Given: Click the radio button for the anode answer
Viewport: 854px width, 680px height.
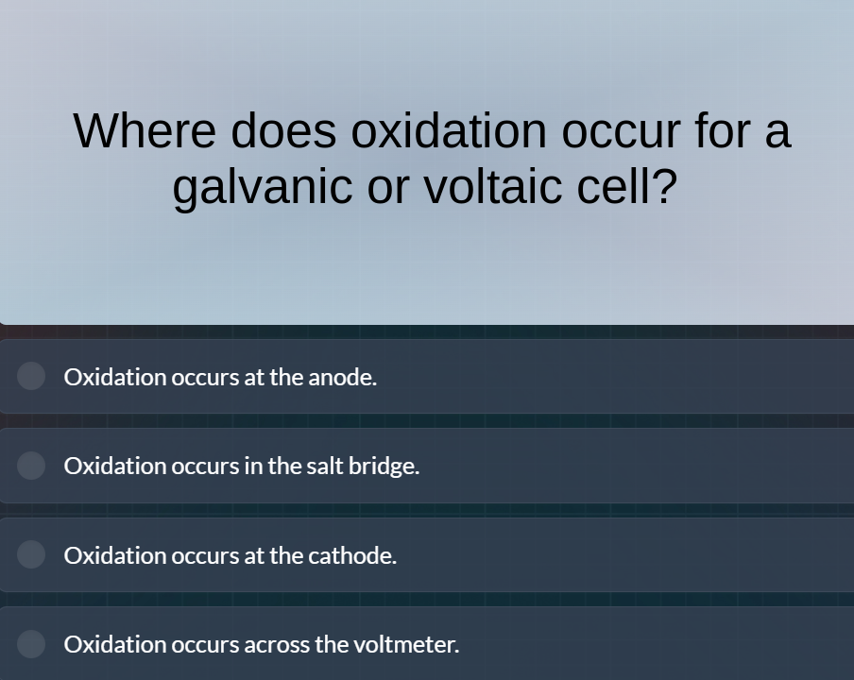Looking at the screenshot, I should point(31,376).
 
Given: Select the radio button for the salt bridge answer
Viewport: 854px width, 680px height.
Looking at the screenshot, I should point(31,466).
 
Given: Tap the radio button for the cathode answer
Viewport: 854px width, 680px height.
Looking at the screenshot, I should point(31,554).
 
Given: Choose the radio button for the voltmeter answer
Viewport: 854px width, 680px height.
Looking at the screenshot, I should point(31,644).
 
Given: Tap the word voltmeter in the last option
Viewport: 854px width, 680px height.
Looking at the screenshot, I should point(405,644).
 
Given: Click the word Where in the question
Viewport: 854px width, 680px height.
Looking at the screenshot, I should point(145,130).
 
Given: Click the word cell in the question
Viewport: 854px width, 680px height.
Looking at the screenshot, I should point(626,185).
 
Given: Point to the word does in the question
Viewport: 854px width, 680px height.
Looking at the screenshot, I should point(283,130).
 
